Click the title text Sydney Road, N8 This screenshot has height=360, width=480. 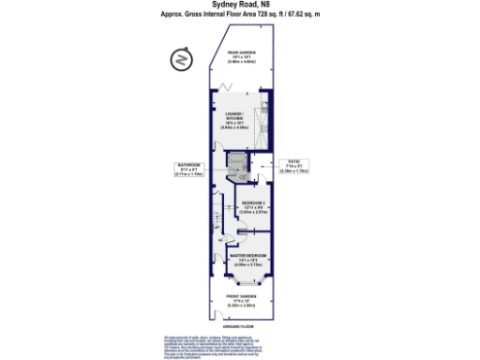coord(239,5)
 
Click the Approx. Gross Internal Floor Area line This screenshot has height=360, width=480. coord(239,15)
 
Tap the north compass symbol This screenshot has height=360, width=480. coord(180,62)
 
